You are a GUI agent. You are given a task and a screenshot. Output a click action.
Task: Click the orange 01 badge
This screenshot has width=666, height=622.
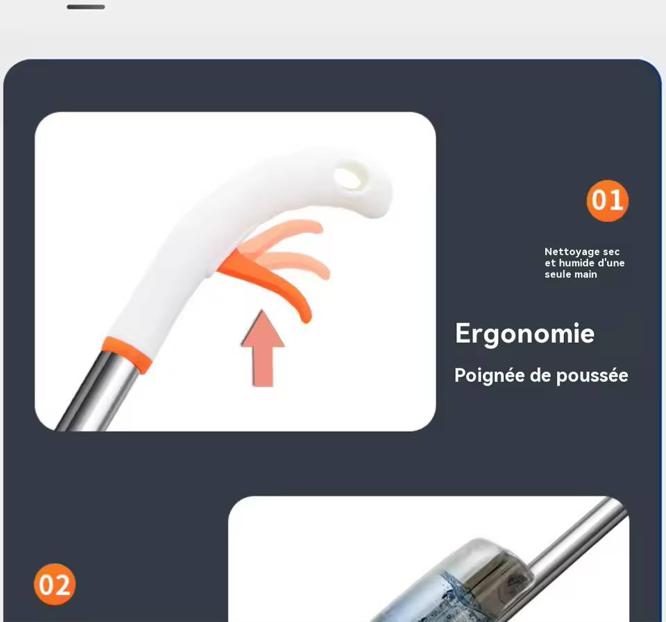(608, 200)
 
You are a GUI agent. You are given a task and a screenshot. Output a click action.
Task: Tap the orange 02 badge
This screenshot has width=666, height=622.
(55, 585)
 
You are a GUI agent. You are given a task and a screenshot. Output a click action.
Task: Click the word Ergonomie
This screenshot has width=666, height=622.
(524, 334)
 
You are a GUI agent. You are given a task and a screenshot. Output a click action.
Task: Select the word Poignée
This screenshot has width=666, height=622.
(489, 376)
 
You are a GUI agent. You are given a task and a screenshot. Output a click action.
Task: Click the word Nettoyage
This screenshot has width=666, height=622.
(567, 252)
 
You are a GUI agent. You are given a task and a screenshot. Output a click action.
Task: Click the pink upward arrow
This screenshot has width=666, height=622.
(263, 348)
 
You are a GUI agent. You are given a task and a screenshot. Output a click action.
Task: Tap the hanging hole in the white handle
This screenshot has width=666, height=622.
(348, 178)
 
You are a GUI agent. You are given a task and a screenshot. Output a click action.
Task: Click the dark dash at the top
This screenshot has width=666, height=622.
(86, 7)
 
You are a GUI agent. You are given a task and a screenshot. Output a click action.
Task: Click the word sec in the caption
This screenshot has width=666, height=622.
(611, 252)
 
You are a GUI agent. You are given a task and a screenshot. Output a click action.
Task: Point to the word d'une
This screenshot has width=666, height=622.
(610, 263)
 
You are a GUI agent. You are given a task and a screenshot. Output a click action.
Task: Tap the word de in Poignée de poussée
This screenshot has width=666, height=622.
(540, 376)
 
